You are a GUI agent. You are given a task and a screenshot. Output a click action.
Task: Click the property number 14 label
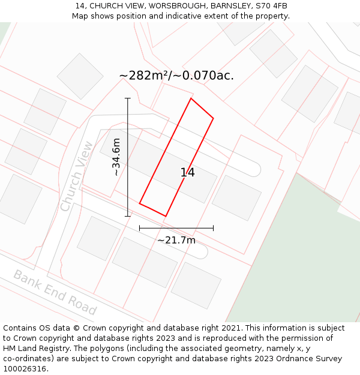point(188,173)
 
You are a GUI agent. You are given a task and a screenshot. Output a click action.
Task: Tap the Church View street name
point(77,176)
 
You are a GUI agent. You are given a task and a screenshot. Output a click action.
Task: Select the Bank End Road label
point(55,292)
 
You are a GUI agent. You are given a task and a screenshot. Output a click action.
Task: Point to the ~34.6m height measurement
point(116,157)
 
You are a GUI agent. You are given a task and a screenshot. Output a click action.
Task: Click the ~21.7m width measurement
point(176,240)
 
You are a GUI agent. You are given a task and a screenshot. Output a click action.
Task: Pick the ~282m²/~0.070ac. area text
point(176,76)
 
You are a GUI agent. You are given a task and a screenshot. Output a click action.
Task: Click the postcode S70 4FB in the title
point(272,6)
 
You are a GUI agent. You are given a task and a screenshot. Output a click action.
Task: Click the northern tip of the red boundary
point(191,98)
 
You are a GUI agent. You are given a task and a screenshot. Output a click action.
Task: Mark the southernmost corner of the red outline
point(165,216)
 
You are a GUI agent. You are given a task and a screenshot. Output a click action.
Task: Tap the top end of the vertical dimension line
point(127,98)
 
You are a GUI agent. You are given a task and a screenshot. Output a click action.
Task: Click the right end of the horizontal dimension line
point(213,228)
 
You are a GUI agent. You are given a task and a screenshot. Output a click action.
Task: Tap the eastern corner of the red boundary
point(213,118)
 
